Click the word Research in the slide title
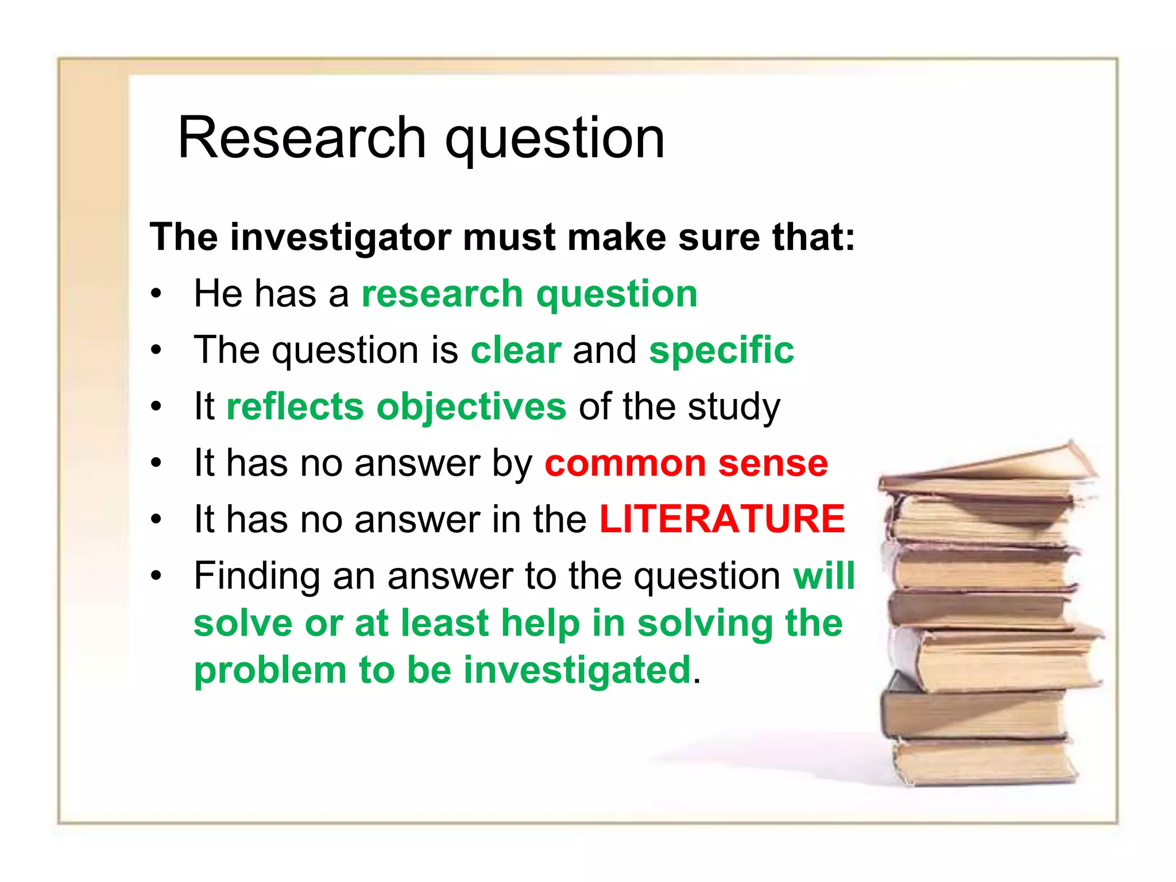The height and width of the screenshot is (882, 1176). (301, 138)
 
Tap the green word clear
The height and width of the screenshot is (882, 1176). (516, 350)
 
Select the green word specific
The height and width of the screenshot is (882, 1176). (721, 350)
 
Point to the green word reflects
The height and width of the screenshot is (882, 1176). (295, 407)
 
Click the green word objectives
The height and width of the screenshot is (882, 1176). (471, 407)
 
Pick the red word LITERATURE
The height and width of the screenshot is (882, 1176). (722, 519)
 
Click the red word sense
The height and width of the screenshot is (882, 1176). (773, 463)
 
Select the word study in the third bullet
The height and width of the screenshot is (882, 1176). (734, 407)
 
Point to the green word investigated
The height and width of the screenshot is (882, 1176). (577, 670)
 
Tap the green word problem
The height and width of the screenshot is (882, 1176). (270, 670)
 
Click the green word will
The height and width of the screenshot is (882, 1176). (824, 575)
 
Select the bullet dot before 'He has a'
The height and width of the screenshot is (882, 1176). (156, 295)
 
